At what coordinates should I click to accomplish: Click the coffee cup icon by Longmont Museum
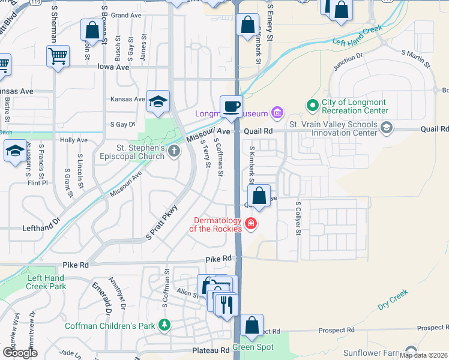[x=231, y=107]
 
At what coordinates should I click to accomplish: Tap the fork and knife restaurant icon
[x=226, y=305]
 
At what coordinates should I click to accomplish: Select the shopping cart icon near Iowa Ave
[x=58, y=56]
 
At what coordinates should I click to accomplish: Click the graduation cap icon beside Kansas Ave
[x=158, y=101]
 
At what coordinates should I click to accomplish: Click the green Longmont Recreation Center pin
[x=312, y=106]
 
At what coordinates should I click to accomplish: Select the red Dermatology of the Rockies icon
[x=250, y=224]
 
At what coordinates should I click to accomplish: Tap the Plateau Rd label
[x=211, y=350]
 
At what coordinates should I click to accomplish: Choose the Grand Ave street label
[x=126, y=15]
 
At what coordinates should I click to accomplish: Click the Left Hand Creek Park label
[x=46, y=282]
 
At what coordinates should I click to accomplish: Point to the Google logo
[x=19, y=353]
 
